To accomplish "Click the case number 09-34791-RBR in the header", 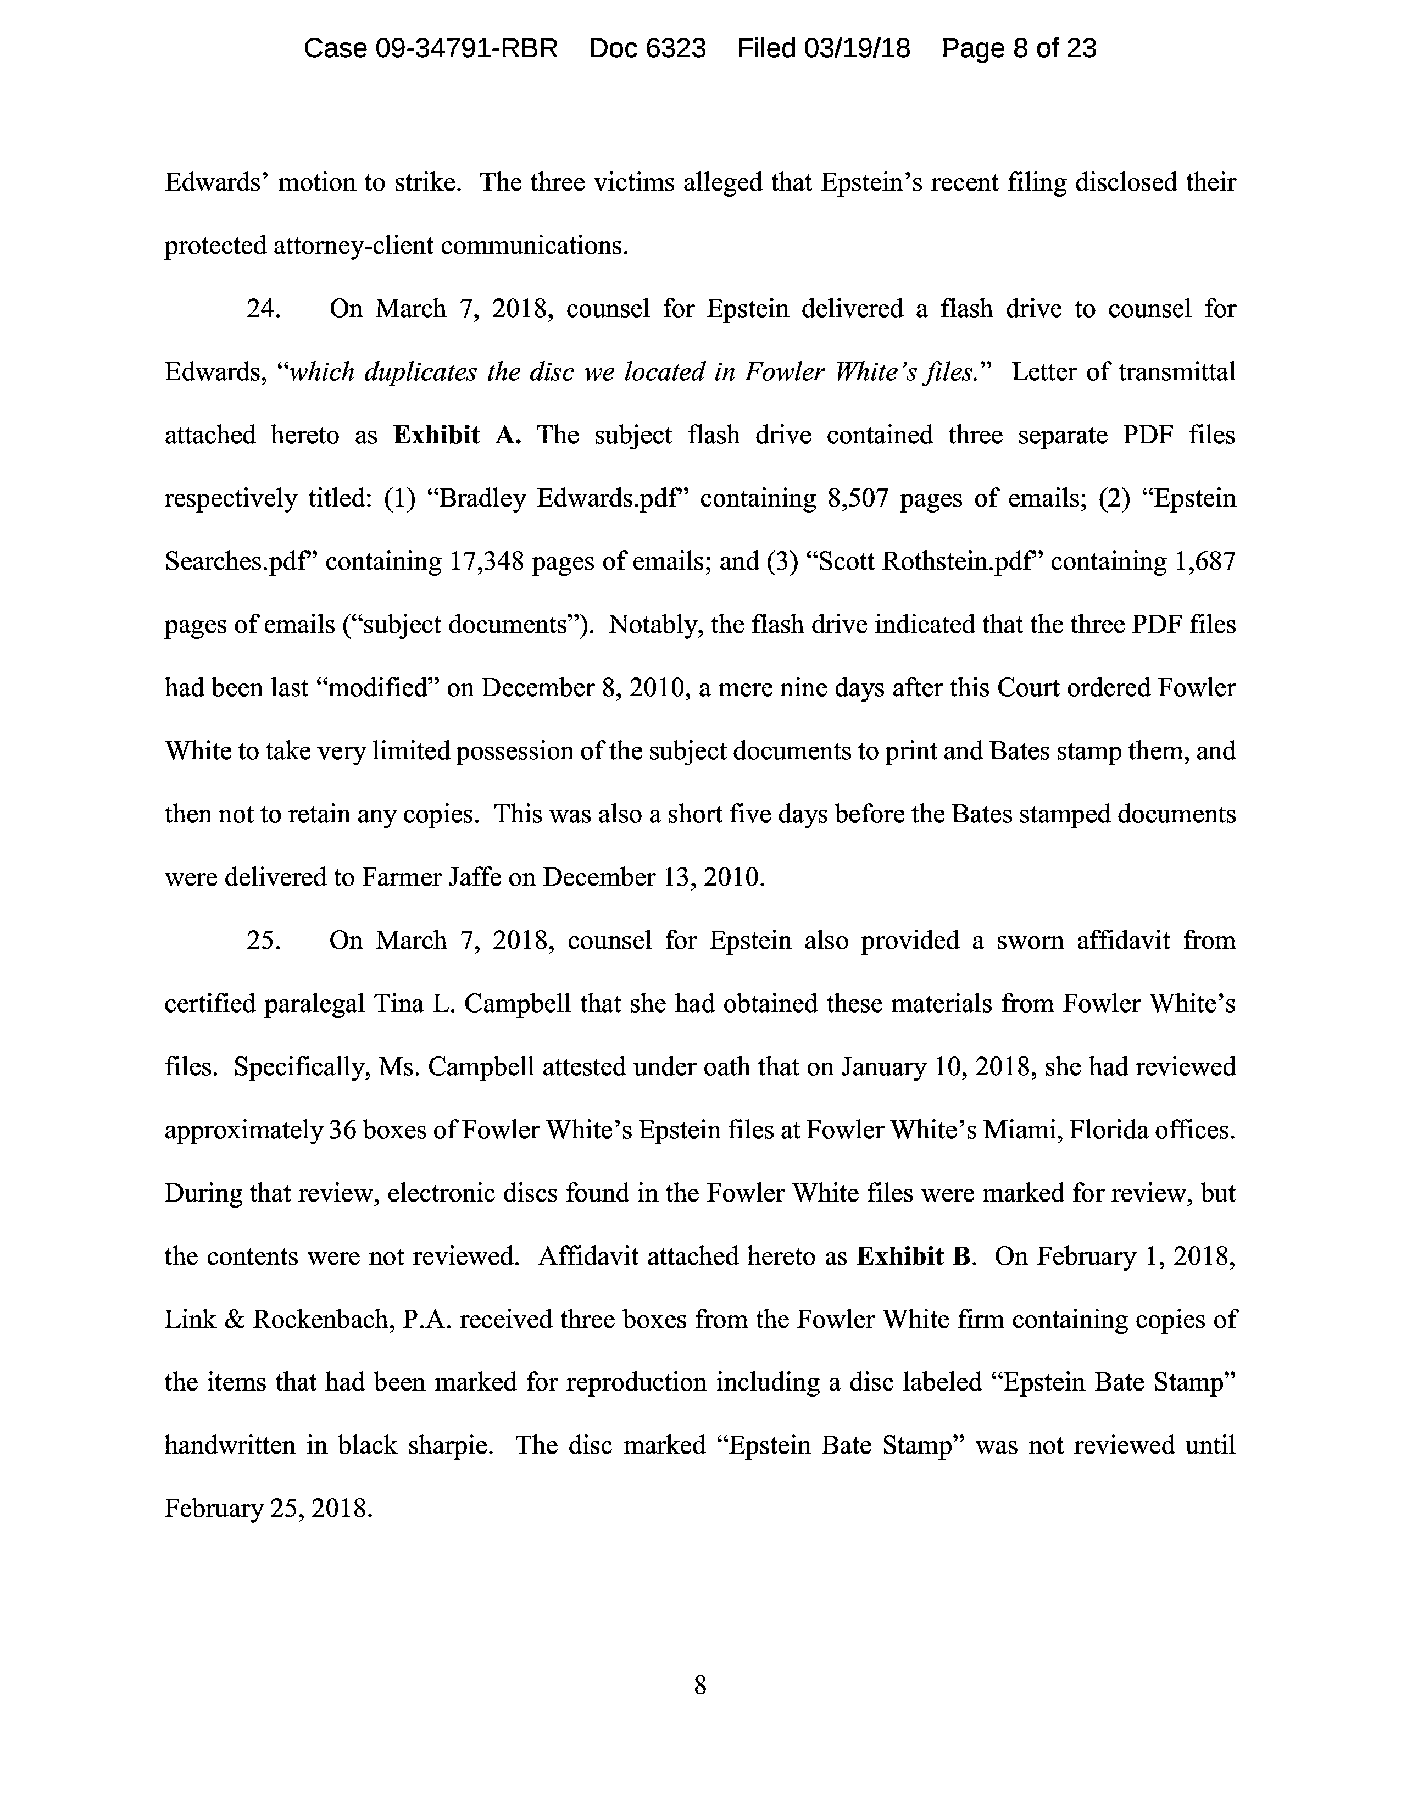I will (x=466, y=48).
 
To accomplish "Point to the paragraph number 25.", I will (x=264, y=941).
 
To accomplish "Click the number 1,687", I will (x=1205, y=562).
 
